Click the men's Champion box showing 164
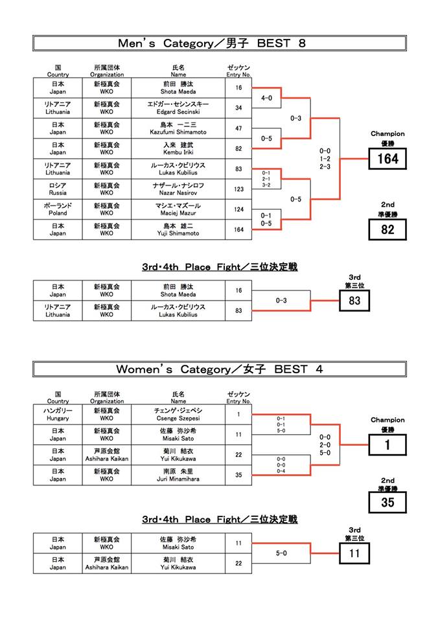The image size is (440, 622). tap(388, 159)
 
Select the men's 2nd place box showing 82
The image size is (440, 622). tap(388, 229)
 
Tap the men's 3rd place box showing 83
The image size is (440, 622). tap(354, 301)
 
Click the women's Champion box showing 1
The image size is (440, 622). tap(388, 444)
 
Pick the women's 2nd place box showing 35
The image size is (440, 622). tap(388, 502)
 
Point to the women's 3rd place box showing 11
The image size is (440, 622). tap(354, 553)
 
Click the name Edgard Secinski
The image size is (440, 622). tap(178, 112)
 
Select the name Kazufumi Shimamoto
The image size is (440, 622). tap(178, 132)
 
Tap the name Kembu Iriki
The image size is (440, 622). tap(178, 152)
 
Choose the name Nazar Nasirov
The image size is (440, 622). tap(178, 193)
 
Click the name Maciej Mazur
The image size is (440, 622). tap(178, 213)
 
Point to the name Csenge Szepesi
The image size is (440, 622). tap(178, 418)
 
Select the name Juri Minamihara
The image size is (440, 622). tap(178, 479)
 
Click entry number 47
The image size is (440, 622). tap(238, 128)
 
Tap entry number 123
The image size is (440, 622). tap(238, 189)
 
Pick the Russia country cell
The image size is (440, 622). tap(58, 189)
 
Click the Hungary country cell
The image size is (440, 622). tap(58, 414)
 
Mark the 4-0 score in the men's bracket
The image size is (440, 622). tap(266, 98)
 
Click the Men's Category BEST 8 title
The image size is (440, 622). tap(212, 43)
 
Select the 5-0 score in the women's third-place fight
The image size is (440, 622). tap(281, 553)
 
